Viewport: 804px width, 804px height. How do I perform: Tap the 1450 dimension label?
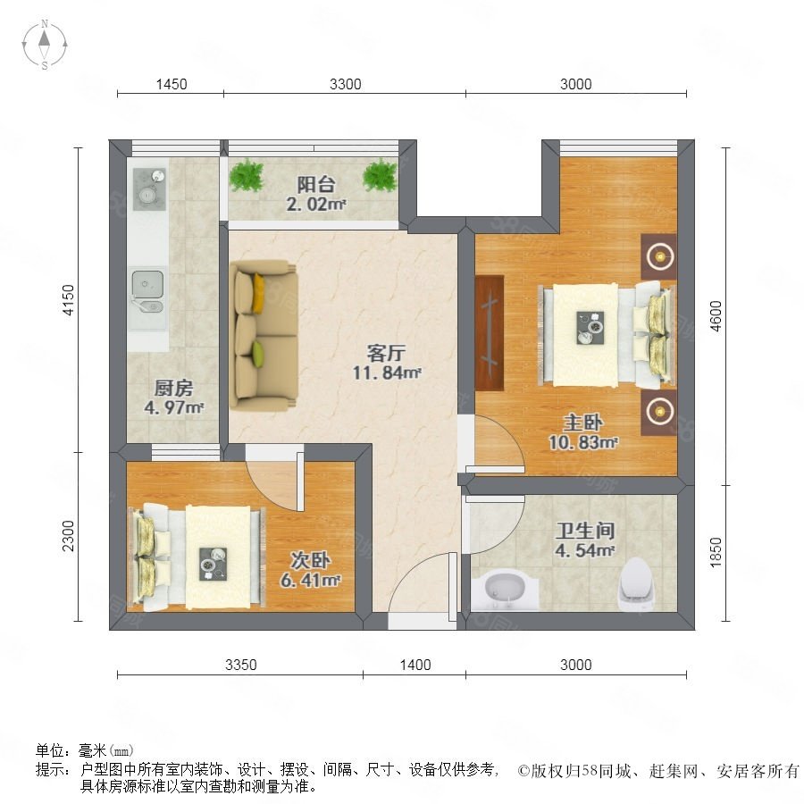tap(171, 85)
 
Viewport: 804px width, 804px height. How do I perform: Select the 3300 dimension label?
tap(345, 85)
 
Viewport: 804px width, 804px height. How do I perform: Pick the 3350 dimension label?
tap(241, 665)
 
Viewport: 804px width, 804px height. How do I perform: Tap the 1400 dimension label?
tap(415, 665)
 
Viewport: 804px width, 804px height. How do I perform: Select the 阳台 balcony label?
tap(316, 185)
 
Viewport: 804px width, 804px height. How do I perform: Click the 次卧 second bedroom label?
tap(311, 561)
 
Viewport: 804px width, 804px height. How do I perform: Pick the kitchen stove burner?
tap(148, 186)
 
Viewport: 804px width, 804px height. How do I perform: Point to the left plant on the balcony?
tap(246, 175)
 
